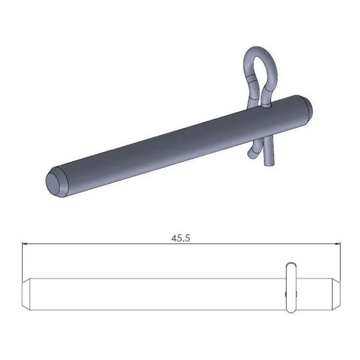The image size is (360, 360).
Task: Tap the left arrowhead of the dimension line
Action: click(24, 245)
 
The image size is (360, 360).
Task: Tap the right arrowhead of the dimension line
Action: click(339, 245)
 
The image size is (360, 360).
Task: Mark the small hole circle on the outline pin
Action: click(286, 294)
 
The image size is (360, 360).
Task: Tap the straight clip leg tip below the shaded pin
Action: click(269, 161)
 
